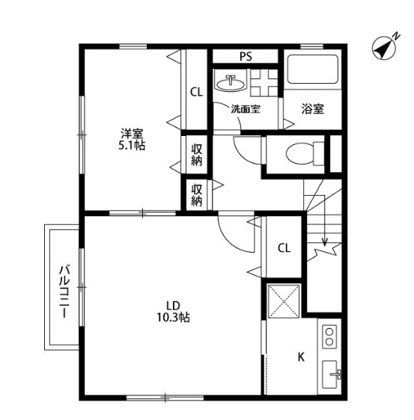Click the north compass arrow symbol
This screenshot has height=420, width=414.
click(x=384, y=49)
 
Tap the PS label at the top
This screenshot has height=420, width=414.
click(x=245, y=57)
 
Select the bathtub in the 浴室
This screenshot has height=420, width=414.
click(x=314, y=72)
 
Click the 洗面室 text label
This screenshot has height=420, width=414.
click(x=245, y=109)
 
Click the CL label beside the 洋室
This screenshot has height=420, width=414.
click(x=196, y=93)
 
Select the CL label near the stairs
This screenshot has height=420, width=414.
click(x=284, y=248)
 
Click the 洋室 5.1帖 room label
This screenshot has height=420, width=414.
click(x=133, y=139)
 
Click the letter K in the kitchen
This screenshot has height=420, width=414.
click(x=301, y=356)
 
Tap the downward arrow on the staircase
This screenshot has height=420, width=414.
click(x=325, y=239)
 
